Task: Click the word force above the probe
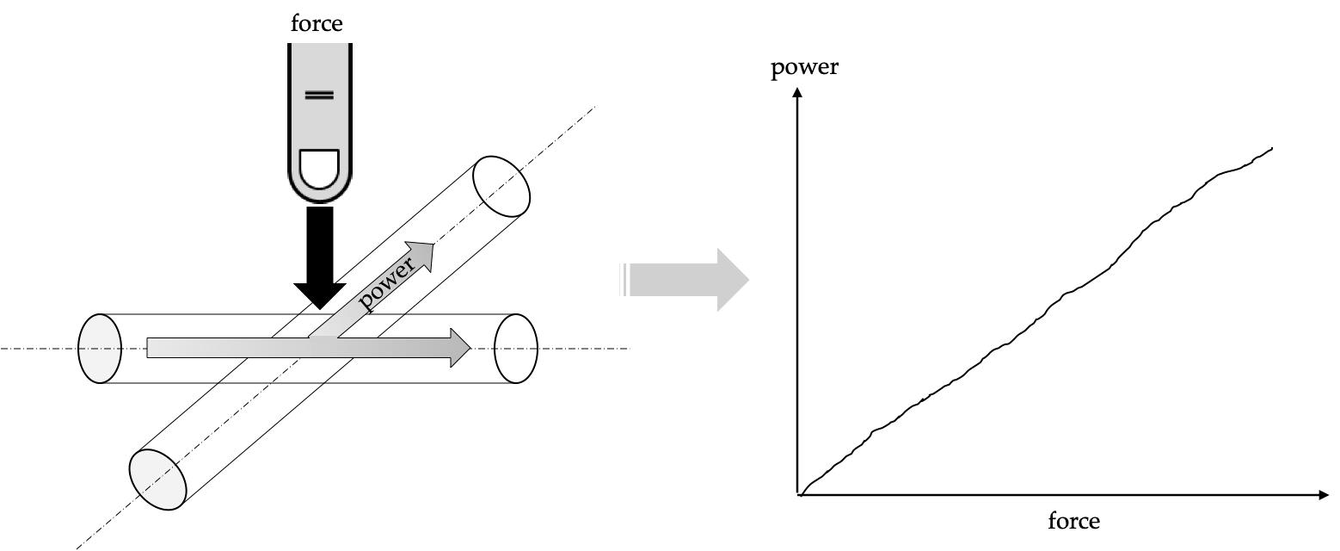(317, 24)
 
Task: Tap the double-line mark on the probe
(319, 95)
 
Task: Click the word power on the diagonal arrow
(389, 282)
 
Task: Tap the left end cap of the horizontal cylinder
(100, 348)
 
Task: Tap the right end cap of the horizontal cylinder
(515, 348)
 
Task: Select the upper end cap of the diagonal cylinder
(502, 186)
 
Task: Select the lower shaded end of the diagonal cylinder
(157, 480)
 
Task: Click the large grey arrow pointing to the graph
(688, 280)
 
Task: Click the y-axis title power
(804, 67)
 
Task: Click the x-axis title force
(1073, 521)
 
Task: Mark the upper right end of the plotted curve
(1271, 148)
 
